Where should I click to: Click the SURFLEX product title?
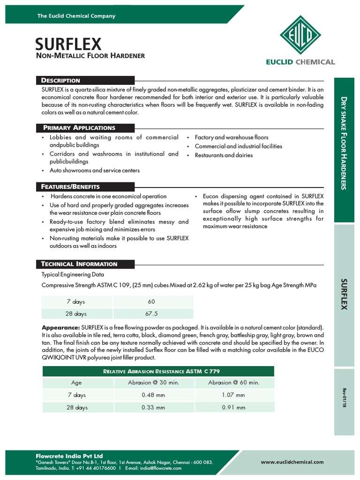click(x=68, y=44)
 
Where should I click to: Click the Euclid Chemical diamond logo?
click(x=300, y=35)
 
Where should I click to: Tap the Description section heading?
click(x=61, y=80)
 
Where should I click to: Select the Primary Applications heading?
click(x=79, y=127)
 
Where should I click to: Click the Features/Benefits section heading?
click(x=70, y=187)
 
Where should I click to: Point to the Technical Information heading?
click(x=79, y=264)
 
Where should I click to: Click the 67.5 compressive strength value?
click(x=151, y=314)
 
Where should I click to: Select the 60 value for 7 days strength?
click(x=151, y=301)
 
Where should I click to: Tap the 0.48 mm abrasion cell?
click(x=153, y=395)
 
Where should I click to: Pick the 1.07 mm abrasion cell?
click(x=233, y=395)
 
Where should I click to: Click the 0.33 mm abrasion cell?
click(x=153, y=407)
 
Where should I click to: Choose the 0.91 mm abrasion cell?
click(x=233, y=407)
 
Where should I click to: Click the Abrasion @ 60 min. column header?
click(x=233, y=382)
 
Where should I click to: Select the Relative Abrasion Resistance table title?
click(x=158, y=371)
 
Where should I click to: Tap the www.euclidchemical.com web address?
click(x=292, y=462)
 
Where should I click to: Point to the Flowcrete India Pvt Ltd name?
click(x=69, y=456)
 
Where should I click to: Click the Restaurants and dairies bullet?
click(x=224, y=155)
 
